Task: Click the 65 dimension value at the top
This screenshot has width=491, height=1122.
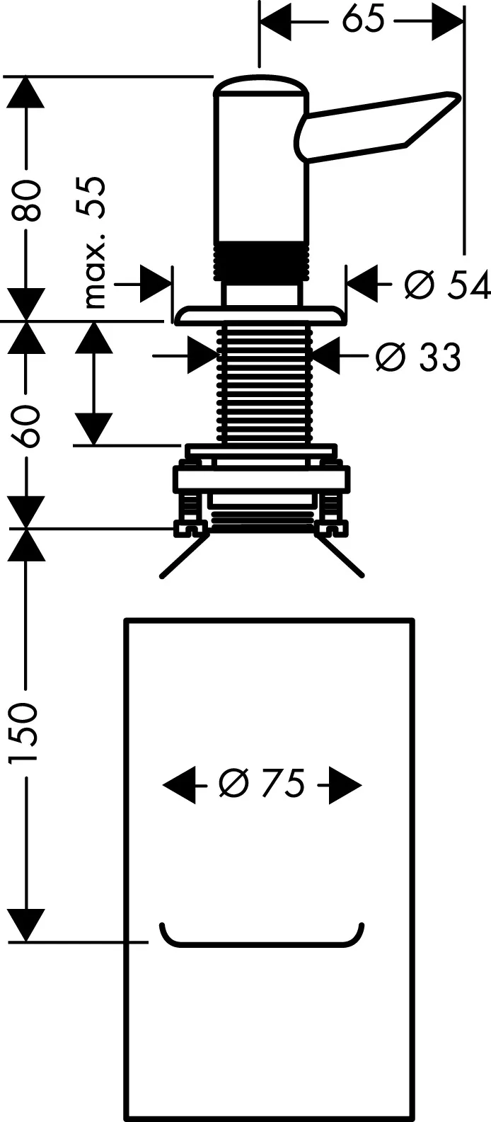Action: pos(363,20)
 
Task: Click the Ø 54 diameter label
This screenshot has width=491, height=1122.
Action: pos(446,285)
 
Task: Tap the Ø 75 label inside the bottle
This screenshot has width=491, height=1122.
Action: pos(262,784)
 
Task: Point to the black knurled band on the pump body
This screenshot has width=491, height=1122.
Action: pos(262,258)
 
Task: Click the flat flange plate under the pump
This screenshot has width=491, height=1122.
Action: pos(260,314)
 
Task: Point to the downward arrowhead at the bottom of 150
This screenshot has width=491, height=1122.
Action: pos(27,924)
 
